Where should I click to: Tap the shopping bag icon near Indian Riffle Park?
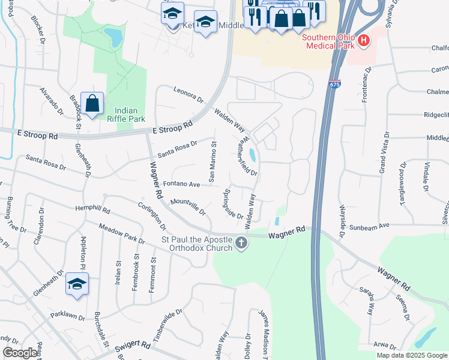click(x=92, y=104)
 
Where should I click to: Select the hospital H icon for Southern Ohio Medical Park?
click(x=363, y=41)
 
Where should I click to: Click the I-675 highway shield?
click(x=334, y=85)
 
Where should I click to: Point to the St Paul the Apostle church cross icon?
click(x=241, y=243)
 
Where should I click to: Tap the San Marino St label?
click(x=211, y=161)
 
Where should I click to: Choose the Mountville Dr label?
click(x=188, y=207)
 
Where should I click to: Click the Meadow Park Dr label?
click(x=122, y=233)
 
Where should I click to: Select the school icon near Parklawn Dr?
click(x=77, y=284)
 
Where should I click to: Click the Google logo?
click(x=19, y=353)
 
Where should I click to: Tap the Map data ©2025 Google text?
click(x=412, y=355)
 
